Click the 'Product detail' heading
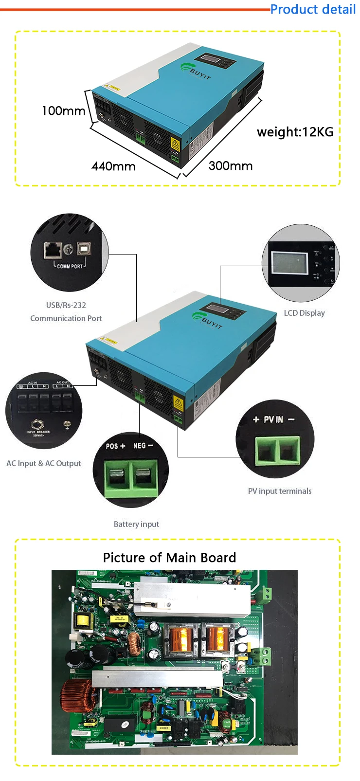[313, 9]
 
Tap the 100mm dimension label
[63, 111]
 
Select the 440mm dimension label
[113, 166]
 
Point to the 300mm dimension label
[231, 166]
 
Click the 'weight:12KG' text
[295, 132]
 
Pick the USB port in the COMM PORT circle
[84, 249]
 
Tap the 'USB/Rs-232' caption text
[66, 305]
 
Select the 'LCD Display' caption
[304, 313]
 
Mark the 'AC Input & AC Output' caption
[44, 463]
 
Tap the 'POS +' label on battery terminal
[115, 446]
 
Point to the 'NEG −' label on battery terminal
[143, 446]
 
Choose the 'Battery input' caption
[136, 524]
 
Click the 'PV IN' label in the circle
[273, 419]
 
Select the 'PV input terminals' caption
[280, 491]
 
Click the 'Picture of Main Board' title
[169, 558]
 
